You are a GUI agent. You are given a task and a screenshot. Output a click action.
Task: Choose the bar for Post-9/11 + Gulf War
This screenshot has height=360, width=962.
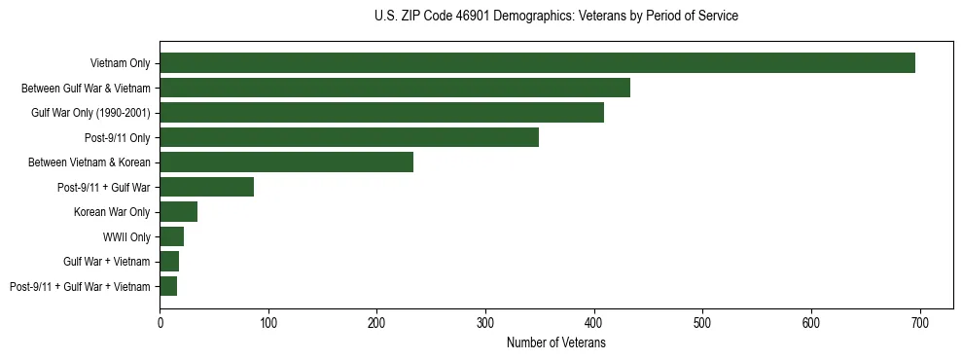[x=206, y=187]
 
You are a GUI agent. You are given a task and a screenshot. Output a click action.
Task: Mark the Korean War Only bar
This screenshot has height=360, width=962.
[x=179, y=211]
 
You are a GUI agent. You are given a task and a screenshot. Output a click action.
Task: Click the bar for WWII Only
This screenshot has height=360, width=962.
[x=171, y=236]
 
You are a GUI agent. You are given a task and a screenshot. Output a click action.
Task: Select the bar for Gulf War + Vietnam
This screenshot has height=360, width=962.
[x=169, y=261]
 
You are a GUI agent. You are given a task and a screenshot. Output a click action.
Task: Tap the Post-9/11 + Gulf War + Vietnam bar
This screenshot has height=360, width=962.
[x=168, y=286]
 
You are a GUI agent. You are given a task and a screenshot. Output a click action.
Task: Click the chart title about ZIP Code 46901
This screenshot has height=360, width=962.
[x=555, y=17]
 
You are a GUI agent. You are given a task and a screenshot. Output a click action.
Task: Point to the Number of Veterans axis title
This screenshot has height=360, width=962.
[x=555, y=343]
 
